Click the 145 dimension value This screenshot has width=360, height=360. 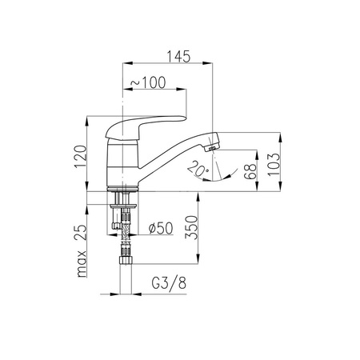pyautogui.click(x=178, y=56)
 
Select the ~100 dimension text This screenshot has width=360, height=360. pyautogui.click(x=148, y=82)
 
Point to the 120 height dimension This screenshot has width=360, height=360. pyautogui.click(x=81, y=157)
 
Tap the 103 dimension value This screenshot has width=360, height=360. pyautogui.click(x=274, y=165)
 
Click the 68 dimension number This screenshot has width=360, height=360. pyautogui.click(x=250, y=171)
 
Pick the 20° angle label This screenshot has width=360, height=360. pyautogui.click(x=198, y=169)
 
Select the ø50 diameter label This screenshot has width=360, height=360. pyautogui.click(x=161, y=228)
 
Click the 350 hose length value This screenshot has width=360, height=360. pyautogui.click(x=192, y=227)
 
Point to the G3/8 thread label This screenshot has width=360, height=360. pyautogui.click(x=169, y=283)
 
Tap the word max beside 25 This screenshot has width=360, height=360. pyautogui.click(x=82, y=264)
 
